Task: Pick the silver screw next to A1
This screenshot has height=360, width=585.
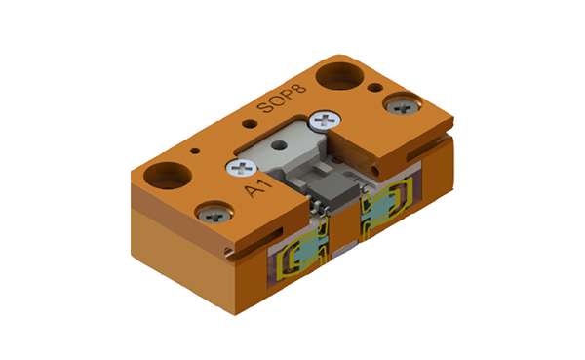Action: tap(240, 167)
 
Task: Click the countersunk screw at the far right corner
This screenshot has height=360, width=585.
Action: tap(401, 102)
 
